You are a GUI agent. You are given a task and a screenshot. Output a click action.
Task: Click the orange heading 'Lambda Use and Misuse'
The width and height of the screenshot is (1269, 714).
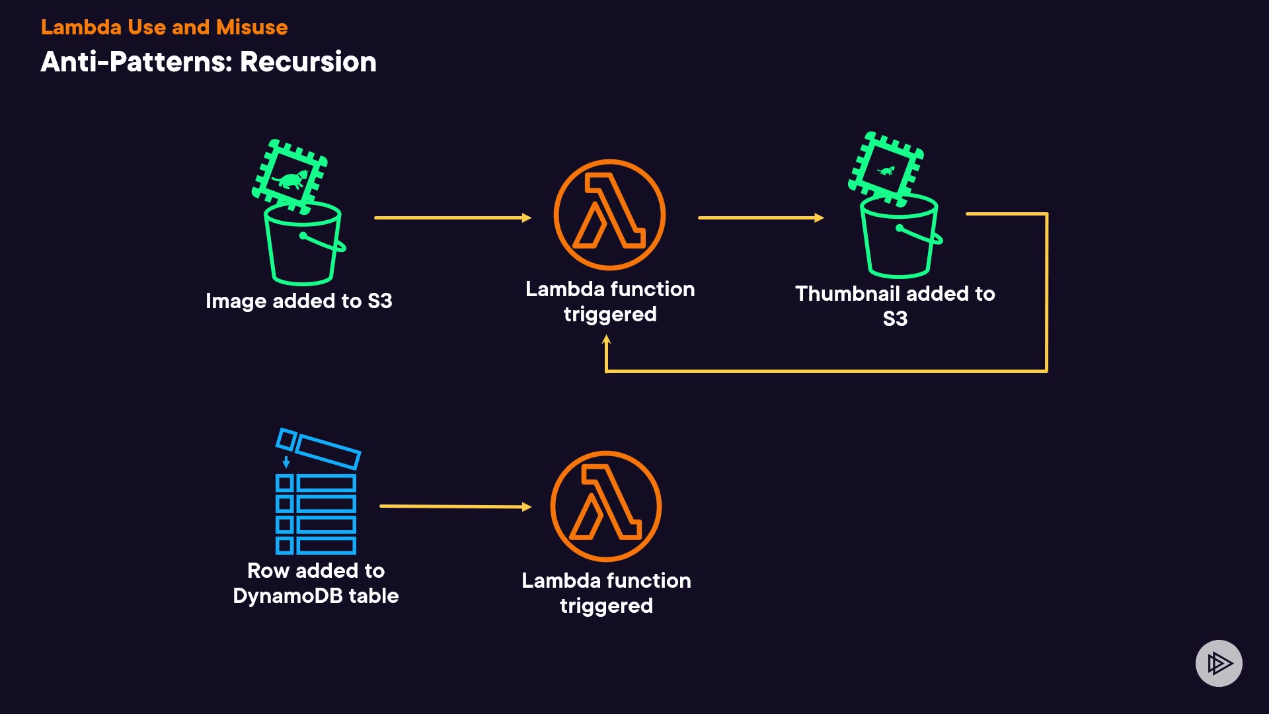[164, 27]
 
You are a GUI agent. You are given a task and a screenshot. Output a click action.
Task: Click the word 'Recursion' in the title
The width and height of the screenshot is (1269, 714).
[308, 62]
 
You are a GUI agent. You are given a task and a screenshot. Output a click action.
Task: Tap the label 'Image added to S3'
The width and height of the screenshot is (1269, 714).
[299, 301]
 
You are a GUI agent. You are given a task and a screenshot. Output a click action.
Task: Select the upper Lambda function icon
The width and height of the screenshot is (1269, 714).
[609, 215]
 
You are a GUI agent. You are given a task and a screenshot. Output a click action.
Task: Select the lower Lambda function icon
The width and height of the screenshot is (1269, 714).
[606, 506]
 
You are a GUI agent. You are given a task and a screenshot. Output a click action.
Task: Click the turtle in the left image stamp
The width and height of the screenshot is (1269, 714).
[291, 179]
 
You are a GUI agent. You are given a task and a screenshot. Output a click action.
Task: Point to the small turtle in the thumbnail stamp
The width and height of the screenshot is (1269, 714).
[886, 171]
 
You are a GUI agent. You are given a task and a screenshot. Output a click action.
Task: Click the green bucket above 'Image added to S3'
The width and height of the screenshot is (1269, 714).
[303, 245]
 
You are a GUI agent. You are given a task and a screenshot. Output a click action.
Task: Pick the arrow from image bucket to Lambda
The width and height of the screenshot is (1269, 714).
[453, 218]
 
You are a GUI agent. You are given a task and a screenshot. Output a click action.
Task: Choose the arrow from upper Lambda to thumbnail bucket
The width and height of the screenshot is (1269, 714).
[761, 218]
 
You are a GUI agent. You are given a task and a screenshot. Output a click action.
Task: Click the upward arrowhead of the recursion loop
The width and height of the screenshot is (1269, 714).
[606, 340]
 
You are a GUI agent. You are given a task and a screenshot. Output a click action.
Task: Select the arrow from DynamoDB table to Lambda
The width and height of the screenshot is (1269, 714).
[455, 506]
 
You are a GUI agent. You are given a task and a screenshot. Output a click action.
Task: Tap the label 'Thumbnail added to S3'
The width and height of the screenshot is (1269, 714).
[895, 305]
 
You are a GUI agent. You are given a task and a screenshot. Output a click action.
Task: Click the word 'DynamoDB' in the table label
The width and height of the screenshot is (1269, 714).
[288, 596]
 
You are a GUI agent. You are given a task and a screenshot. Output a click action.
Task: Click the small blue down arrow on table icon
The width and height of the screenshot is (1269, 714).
[286, 461]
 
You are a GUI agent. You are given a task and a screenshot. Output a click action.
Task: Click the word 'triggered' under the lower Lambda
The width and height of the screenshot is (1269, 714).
[606, 606]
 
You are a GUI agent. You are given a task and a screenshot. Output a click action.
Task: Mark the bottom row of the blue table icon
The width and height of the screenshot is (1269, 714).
[316, 545]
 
